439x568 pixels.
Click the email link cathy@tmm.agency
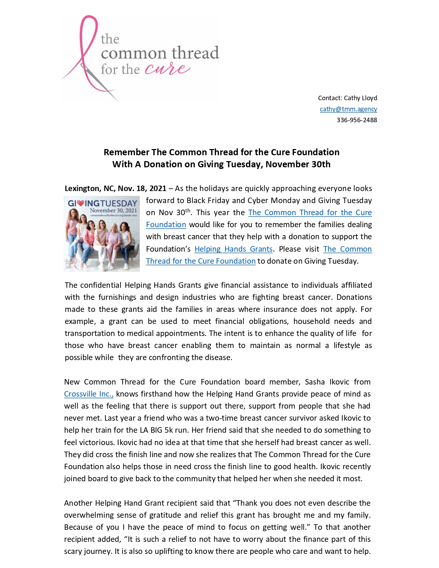point(348,109)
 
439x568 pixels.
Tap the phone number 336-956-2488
point(357,120)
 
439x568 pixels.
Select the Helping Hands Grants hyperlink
point(233,249)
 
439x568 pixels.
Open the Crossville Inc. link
point(88,394)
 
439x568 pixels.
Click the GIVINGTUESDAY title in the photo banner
point(102,203)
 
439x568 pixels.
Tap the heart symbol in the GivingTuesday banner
point(81,203)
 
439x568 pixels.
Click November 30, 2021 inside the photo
point(113,210)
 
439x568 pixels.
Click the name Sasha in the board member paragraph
point(315,382)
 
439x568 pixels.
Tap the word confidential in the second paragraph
point(101,285)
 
